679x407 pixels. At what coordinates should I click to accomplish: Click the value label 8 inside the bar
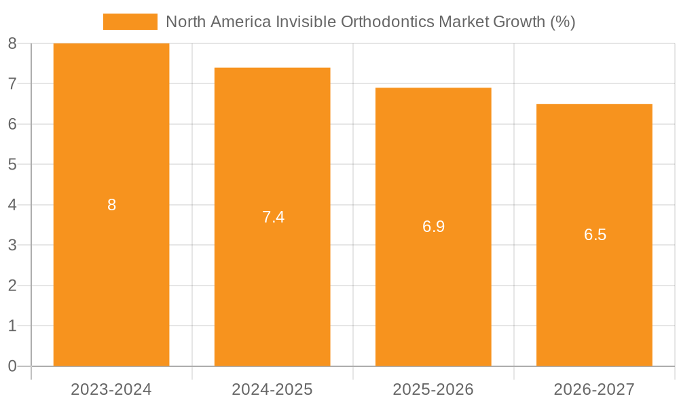(x=112, y=205)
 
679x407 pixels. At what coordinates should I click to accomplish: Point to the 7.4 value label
(x=273, y=217)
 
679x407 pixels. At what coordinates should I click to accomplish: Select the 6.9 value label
(x=433, y=227)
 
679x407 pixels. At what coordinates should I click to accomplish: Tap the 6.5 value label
(x=595, y=235)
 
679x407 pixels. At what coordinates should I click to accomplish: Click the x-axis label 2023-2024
(x=111, y=389)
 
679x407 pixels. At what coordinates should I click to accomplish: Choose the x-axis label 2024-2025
(x=272, y=389)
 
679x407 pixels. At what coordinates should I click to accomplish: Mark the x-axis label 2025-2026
(x=433, y=389)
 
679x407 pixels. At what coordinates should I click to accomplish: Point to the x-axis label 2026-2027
(x=594, y=389)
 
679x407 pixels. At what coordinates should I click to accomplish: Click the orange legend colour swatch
(x=130, y=22)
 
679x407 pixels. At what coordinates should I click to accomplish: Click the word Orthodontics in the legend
(x=387, y=22)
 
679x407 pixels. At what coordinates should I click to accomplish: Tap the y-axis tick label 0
(x=12, y=366)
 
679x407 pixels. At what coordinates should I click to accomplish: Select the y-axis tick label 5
(x=12, y=165)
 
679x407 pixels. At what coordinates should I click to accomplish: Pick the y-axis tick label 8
(x=12, y=44)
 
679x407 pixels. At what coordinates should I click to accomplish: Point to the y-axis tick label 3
(x=12, y=246)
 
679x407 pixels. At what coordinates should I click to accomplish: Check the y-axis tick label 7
(x=12, y=84)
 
